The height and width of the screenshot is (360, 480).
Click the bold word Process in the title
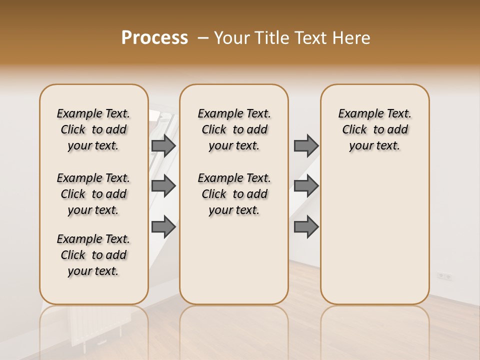click(154, 38)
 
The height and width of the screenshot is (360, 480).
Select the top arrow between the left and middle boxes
click(163, 145)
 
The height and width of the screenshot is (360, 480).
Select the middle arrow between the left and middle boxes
click(163, 186)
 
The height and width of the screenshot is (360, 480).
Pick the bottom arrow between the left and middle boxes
click(163, 226)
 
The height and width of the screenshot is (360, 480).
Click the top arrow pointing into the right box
click(306, 145)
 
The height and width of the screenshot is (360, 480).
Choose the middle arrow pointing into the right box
click(306, 186)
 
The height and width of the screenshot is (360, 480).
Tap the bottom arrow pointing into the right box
click(306, 226)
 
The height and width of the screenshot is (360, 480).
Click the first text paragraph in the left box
click(93, 129)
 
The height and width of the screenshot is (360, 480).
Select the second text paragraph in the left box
click(93, 194)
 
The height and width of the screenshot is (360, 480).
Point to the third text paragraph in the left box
click(93, 255)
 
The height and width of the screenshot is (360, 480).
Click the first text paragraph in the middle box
click(234, 129)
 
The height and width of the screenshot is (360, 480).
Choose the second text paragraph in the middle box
click(234, 194)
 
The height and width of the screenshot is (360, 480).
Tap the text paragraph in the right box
click(374, 129)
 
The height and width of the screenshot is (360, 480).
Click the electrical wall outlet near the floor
click(444, 275)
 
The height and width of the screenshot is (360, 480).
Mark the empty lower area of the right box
click(374, 235)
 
